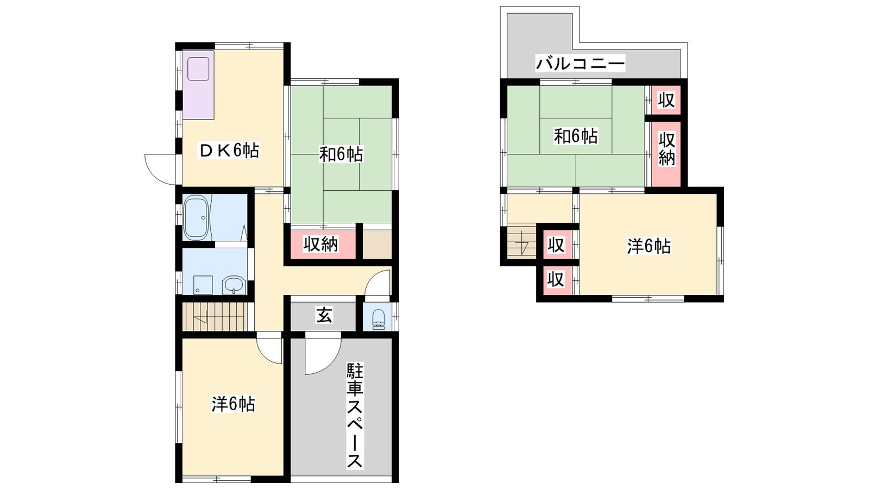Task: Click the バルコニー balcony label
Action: (x=581, y=63)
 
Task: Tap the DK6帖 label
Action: (x=229, y=150)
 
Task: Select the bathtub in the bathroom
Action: (x=197, y=217)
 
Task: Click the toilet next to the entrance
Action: (x=378, y=319)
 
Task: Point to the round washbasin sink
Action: (x=234, y=286)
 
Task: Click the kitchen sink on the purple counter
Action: (x=199, y=69)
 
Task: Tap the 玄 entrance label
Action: (x=324, y=315)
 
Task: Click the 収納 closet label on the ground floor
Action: (x=320, y=244)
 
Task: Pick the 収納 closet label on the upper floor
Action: (x=666, y=149)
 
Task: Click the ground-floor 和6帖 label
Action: (x=341, y=154)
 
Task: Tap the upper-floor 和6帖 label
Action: (x=576, y=136)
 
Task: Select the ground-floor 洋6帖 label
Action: (x=233, y=404)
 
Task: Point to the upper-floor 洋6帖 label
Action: (x=649, y=246)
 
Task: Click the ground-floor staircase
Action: (x=215, y=317)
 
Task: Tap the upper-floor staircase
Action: (x=522, y=240)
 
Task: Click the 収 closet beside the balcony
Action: (x=666, y=100)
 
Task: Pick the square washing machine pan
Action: (x=203, y=285)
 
